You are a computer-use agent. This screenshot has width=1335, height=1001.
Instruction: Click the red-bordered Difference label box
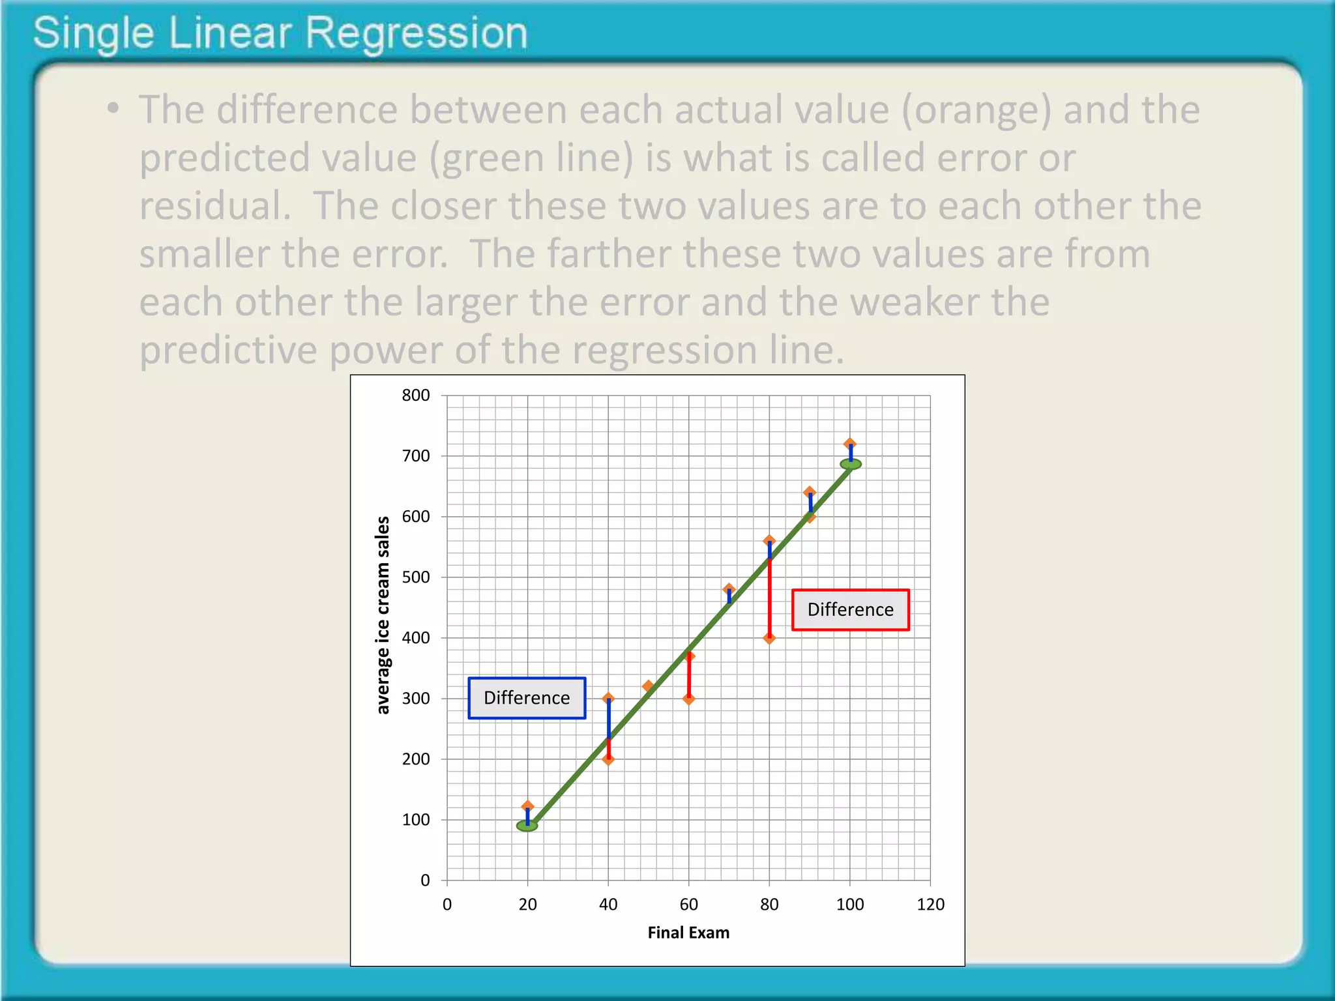pyautogui.click(x=850, y=609)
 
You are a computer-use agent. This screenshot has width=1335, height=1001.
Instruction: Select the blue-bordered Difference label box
pyautogui.click(x=527, y=698)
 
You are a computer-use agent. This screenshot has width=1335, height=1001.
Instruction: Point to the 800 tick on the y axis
pyautogui.click(x=416, y=395)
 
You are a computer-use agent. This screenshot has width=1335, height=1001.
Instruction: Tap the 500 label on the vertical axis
pyautogui.click(x=416, y=577)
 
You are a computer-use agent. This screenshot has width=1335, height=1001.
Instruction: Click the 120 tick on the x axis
pyautogui.click(x=930, y=904)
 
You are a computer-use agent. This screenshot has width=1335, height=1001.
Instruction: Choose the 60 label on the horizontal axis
pyautogui.click(x=688, y=904)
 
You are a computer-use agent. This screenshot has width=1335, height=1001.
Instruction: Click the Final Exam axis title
pyautogui.click(x=688, y=933)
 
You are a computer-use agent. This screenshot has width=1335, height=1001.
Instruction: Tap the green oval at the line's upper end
pyautogui.click(x=851, y=464)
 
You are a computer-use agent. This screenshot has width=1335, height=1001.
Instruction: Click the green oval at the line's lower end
pyautogui.click(x=527, y=826)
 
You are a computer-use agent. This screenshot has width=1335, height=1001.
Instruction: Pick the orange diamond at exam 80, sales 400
pyautogui.click(x=769, y=638)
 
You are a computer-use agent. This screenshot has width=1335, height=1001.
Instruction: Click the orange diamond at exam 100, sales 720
pyautogui.click(x=850, y=444)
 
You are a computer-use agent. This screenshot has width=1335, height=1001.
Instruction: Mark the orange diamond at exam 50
pyautogui.click(x=648, y=686)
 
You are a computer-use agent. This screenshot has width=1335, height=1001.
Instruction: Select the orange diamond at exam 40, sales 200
pyautogui.click(x=608, y=759)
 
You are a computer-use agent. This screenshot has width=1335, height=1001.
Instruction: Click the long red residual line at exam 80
pyautogui.click(x=769, y=596)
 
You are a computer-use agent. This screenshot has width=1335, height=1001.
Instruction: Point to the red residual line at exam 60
pyautogui.click(x=689, y=678)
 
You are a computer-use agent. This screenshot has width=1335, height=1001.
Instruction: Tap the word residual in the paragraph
pyautogui.click(x=214, y=205)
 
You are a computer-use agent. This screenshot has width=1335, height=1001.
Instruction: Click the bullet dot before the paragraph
pyautogui.click(x=113, y=108)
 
